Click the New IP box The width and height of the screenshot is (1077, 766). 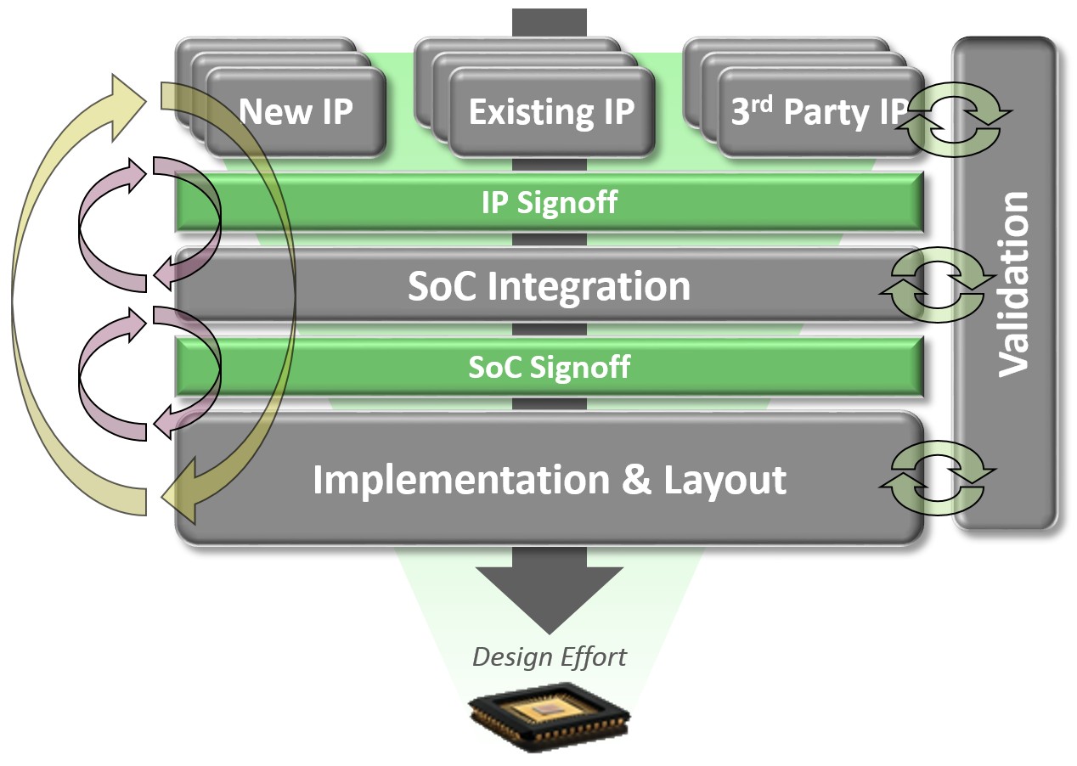(296, 112)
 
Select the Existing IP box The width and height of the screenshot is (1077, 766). (551, 113)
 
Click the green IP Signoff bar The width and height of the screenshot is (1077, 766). (549, 203)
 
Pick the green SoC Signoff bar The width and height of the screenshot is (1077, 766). (549, 367)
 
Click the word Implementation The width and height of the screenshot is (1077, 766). (460, 479)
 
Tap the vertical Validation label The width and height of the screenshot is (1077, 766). (1013, 284)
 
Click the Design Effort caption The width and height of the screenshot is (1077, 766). (549, 656)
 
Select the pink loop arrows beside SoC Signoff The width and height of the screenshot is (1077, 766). (127, 374)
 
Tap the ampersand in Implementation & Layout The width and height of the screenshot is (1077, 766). (637, 479)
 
